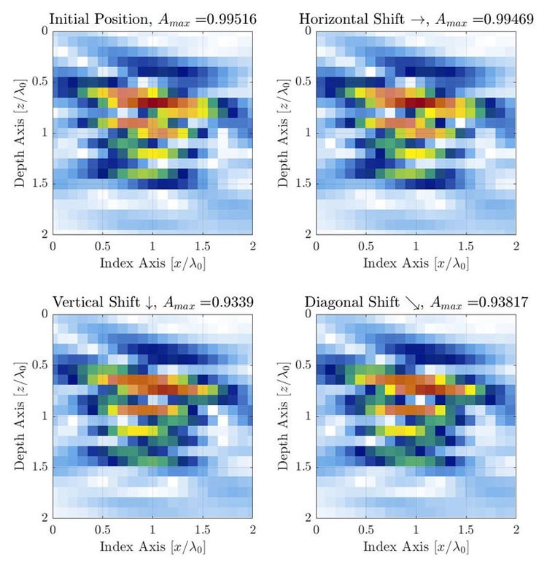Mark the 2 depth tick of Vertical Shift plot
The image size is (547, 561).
point(43,517)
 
